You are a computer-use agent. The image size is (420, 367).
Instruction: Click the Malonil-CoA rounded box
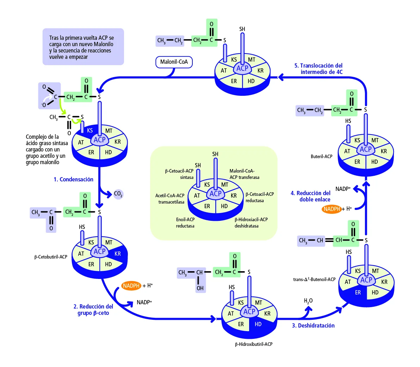174,62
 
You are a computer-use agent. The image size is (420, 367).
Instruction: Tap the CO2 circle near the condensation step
118,194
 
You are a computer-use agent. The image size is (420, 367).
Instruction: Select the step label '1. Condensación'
73,180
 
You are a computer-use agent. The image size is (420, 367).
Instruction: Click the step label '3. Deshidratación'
313,326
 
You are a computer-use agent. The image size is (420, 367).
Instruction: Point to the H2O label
308,301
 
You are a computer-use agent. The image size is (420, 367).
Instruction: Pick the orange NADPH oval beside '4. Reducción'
332,209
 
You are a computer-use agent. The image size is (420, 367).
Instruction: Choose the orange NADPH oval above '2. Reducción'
131,286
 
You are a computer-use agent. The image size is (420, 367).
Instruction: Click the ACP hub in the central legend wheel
215,194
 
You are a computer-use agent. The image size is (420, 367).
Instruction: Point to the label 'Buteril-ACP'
321,156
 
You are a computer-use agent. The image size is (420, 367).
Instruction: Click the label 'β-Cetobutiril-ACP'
51,257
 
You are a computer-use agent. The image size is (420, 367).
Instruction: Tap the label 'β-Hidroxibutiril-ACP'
254,344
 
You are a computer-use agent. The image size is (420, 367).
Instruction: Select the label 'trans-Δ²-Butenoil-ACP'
314,279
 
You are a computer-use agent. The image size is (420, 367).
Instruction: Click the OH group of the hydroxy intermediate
200,288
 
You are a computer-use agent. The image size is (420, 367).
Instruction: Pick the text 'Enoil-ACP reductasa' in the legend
185,223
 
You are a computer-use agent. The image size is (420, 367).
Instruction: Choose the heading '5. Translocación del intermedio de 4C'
319,69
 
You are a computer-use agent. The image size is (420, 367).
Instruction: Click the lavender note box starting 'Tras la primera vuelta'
83,47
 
